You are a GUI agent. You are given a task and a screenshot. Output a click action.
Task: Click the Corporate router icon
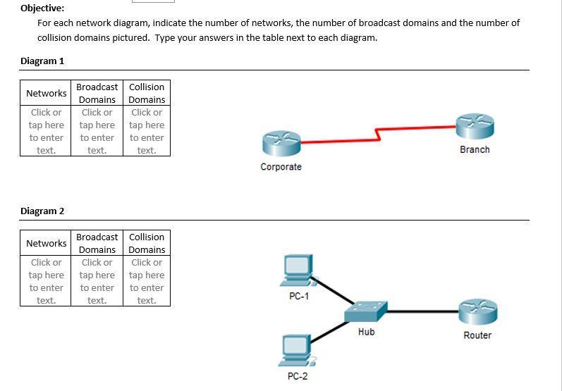tap(281, 143)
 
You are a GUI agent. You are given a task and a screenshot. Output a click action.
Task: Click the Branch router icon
tap(475, 127)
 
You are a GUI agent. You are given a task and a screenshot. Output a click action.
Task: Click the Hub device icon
tap(366, 311)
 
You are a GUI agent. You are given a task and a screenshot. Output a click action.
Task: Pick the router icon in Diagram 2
tap(477, 312)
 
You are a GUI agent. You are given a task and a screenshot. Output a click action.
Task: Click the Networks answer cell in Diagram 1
tap(46, 131)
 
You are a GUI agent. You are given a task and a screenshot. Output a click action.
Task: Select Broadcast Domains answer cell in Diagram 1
tap(97, 131)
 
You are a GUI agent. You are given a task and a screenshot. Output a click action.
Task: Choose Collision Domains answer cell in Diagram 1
tap(147, 131)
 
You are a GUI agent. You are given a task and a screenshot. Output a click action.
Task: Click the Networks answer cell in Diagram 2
tap(46, 281)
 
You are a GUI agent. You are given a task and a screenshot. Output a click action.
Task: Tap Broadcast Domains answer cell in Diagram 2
tap(97, 281)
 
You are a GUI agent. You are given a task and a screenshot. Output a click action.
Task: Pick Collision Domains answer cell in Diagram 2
tap(147, 281)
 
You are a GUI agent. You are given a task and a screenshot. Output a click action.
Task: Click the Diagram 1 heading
tap(42, 61)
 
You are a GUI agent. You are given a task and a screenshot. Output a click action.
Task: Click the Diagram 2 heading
tap(42, 211)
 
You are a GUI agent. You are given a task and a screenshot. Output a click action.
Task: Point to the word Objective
tap(42, 8)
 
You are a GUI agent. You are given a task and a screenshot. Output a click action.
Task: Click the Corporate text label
tap(281, 167)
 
